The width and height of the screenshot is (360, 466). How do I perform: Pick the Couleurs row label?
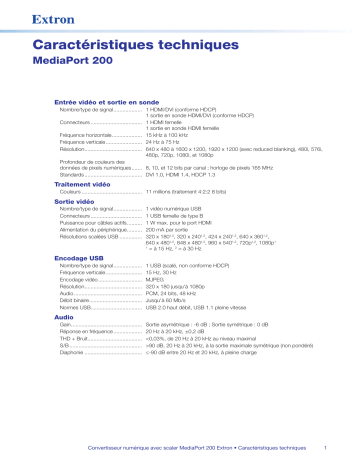tap(74, 192)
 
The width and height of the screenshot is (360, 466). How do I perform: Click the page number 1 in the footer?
tap(327, 448)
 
